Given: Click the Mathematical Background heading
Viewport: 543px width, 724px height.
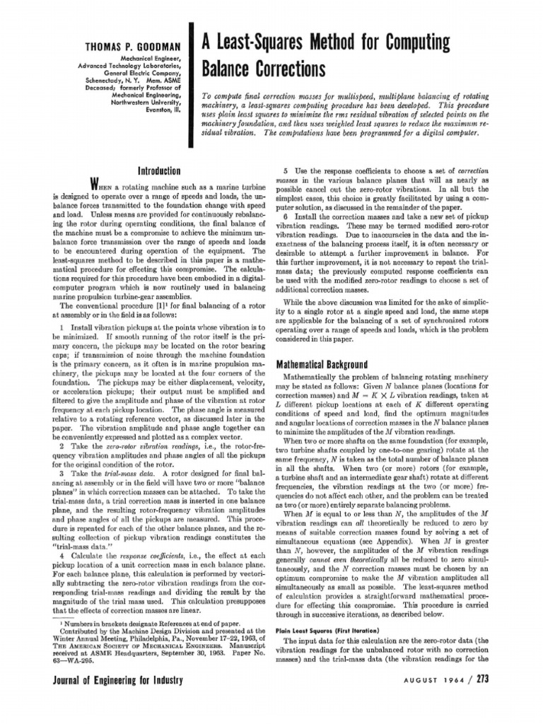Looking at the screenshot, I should click(321, 364).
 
